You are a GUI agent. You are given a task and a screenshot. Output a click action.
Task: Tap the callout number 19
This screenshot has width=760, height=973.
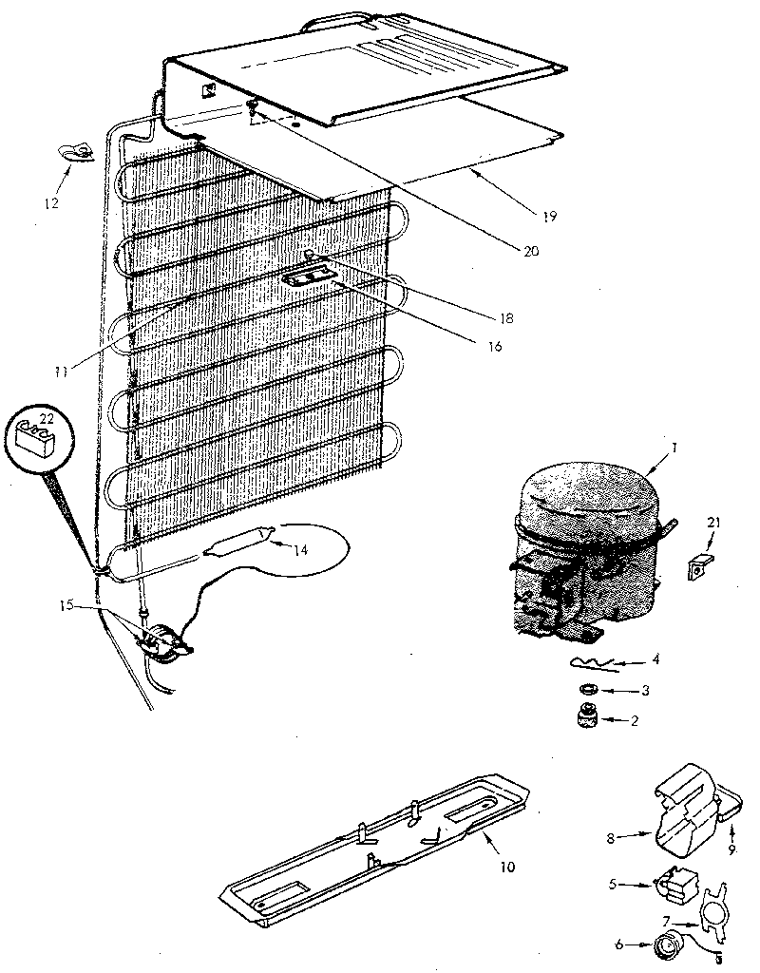[x=550, y=217]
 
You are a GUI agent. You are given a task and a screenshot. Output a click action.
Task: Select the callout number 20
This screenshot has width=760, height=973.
[x=530, y=251]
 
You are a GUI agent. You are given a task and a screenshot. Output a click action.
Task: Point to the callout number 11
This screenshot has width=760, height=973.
[x=61, y=372]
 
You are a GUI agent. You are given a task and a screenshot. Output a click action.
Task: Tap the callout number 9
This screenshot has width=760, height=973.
[x=732, y=849]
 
